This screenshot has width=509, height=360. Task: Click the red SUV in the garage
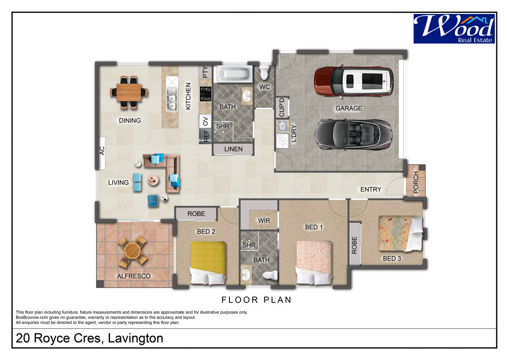pos(354,82)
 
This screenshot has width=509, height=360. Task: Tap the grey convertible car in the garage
pos(353,135)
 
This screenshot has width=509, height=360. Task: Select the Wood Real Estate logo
pos(454,28)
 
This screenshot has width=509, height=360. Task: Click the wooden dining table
pos(129,92)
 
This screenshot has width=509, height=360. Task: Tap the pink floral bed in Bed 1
pos(313,262)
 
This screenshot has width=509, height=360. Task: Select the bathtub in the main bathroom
pos(233,74)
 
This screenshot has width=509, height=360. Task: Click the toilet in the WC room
pos(264,72)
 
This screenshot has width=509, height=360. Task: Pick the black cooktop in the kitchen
pos(205,94)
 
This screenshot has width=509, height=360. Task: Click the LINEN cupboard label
pos(233,149)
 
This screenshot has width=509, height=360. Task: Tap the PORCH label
pos(416,183)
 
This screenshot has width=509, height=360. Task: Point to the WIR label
pos(264,221)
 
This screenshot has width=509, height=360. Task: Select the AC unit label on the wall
pos(102,151)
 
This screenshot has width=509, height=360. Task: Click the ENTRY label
pos(371,189)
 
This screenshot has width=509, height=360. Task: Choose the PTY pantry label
pos(205,72)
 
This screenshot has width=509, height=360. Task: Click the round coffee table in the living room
pos(154,180)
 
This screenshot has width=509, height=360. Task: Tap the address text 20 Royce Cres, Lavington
pos(89,338)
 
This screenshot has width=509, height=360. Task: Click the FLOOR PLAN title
pos(257,300)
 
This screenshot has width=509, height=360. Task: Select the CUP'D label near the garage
pos(282,107)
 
